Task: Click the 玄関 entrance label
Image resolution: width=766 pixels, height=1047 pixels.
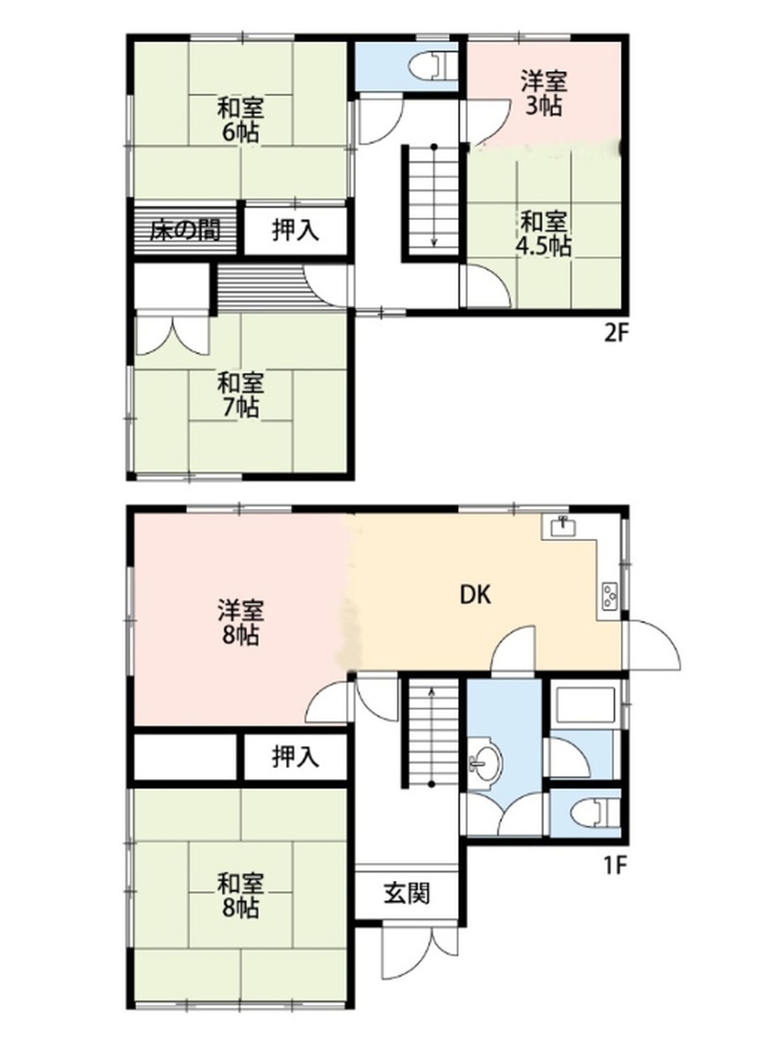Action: click(x=406, y=893)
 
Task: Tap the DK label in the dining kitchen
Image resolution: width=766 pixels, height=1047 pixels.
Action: click(x=475, y=595)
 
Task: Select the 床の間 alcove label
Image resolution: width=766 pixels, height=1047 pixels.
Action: click(x=185, y=231)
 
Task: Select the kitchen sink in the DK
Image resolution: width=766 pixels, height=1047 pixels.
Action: click(x=564, y=527)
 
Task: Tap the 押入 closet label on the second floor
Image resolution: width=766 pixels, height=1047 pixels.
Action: click(x=296, y=231)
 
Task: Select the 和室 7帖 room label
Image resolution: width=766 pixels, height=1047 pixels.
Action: click(x=241, y=395)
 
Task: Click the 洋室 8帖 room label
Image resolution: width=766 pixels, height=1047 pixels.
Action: click(x=241, y=622)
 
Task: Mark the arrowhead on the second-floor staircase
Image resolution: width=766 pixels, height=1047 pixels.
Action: click(x=434, y=242)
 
